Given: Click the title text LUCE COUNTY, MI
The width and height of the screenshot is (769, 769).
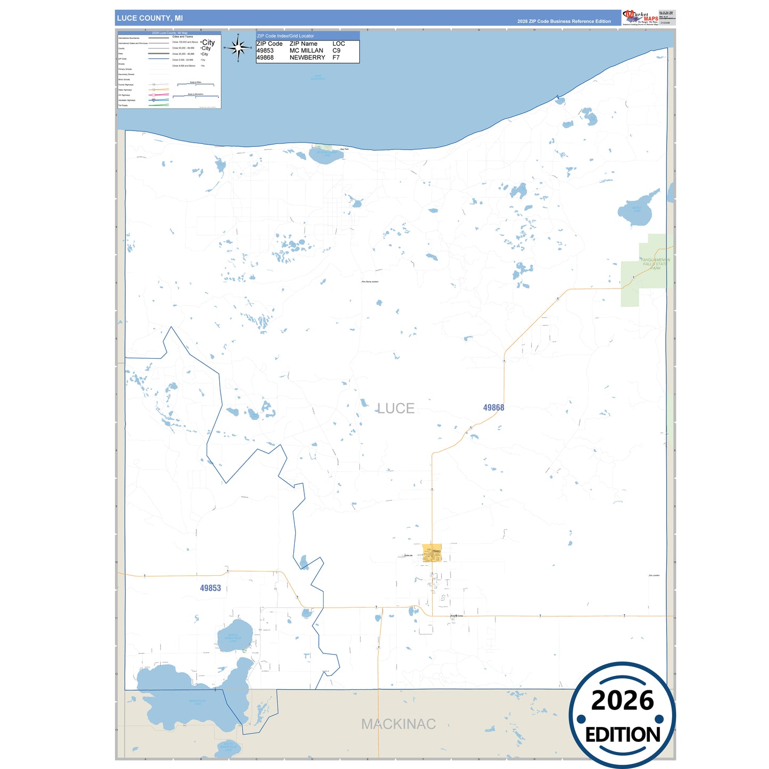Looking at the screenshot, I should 150,18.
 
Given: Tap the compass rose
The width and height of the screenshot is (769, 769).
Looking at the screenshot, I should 238,48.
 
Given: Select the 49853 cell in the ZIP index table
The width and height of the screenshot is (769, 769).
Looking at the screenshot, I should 265,51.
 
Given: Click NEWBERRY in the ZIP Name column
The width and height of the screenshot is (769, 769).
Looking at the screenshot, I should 307,57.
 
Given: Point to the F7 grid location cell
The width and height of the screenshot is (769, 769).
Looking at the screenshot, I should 336,57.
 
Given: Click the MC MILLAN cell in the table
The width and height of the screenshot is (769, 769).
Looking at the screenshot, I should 306,51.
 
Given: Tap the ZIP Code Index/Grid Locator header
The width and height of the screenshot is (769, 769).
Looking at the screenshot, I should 286,36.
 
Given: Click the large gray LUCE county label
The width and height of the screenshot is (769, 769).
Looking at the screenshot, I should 395,408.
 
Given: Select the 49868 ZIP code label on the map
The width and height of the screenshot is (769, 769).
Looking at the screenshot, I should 493,408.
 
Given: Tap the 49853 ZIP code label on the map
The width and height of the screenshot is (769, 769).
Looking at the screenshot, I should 210,588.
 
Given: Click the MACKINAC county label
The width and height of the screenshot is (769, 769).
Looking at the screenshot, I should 398,724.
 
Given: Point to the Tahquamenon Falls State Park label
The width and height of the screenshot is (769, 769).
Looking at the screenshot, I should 655,264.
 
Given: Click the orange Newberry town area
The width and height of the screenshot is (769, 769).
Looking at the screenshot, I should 432,553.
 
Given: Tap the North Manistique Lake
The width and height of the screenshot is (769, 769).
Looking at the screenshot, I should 234,636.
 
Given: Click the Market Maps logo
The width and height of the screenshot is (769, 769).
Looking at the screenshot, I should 640,18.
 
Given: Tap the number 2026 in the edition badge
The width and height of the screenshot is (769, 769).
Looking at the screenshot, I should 622,700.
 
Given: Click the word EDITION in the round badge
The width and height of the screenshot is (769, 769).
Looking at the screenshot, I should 623,734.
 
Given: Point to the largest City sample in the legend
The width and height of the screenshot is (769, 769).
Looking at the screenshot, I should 209,43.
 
